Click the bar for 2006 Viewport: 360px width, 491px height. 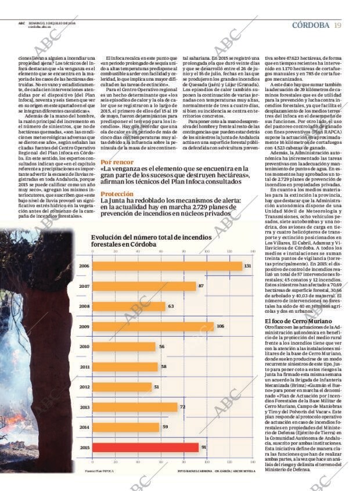click(x=167, y=266)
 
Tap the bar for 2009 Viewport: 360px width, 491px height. click(x=153, y=326)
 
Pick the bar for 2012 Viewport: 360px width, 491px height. click(x=122, y=387)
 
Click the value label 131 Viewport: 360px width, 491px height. click(x=247, y=266)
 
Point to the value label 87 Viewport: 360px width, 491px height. click(x=201, y=286)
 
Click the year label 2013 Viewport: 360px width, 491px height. click(x=84, y=407)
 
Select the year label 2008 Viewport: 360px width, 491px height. click(x=84, y=306)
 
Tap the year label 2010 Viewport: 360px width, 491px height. click(x=84, y=346)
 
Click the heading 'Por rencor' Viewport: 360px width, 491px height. click(x=117, y=163)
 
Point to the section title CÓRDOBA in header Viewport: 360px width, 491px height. click(x=311, y=25)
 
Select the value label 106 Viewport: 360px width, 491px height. click(x=220, y=326)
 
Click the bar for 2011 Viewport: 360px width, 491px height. click(x=125, y=367)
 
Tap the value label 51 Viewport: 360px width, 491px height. click(x=156, y=387)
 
